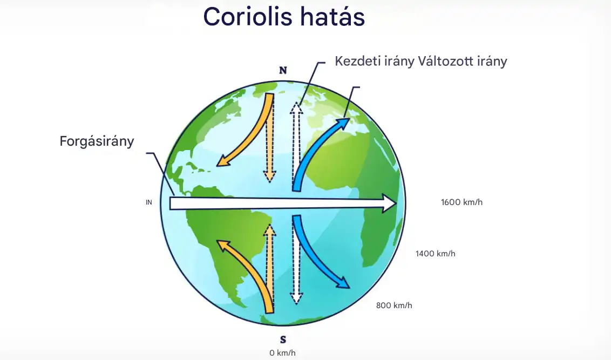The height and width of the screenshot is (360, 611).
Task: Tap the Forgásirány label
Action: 97,142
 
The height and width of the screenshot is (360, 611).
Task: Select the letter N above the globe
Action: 282,71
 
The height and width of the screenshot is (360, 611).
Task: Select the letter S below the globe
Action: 283,339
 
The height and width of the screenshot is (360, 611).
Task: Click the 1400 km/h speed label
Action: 435,253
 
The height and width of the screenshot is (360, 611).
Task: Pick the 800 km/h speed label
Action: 394,305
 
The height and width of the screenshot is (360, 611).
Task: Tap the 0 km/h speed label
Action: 283,353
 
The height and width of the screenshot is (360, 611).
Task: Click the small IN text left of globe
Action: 149,203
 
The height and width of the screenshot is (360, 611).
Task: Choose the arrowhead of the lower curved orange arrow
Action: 222,246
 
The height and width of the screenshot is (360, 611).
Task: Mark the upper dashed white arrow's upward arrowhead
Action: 296,108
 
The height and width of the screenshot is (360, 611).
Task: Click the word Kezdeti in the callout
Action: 355,61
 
